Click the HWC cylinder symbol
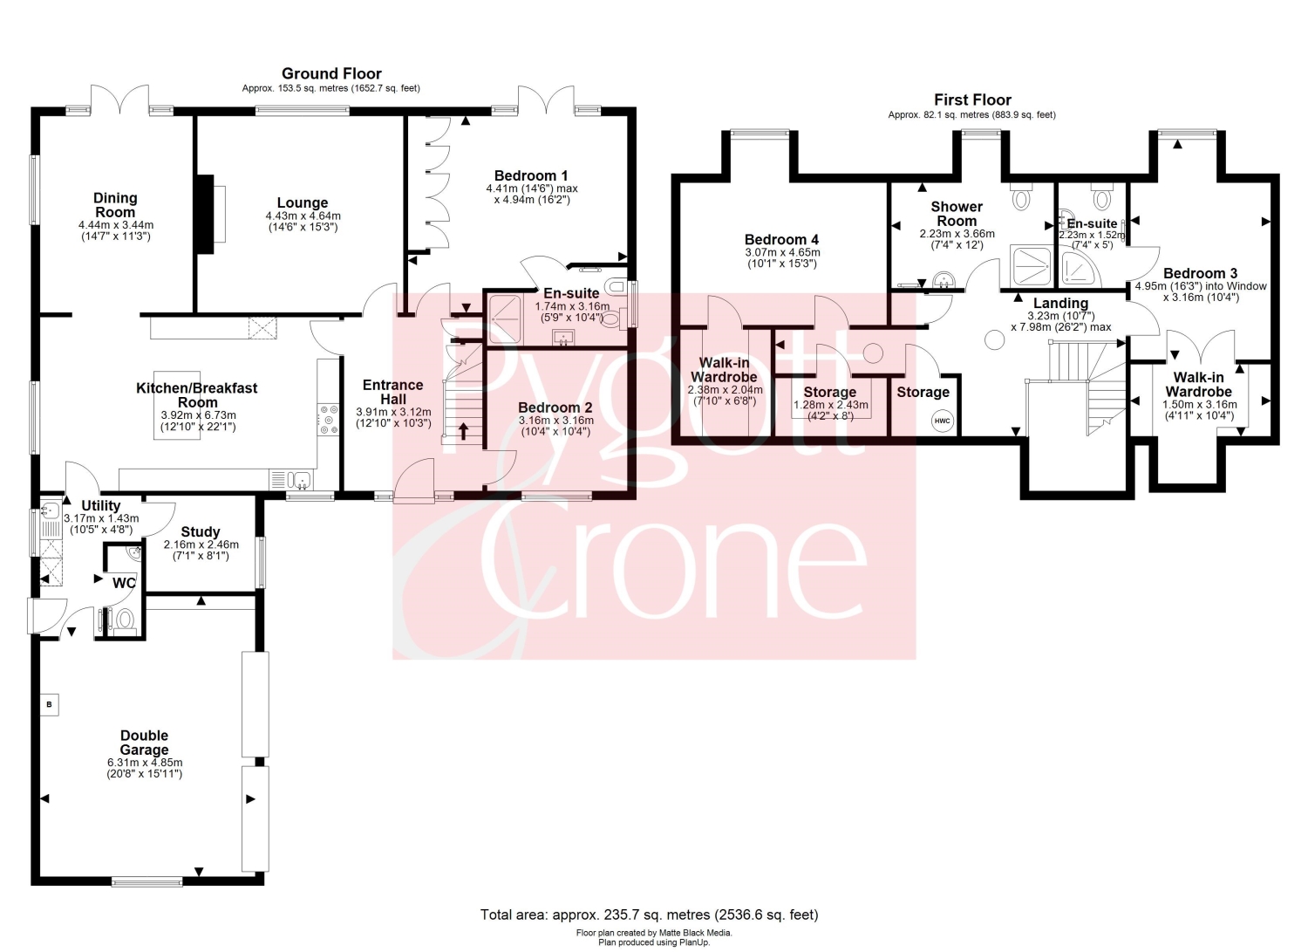942,421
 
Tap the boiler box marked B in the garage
49,704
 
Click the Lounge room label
302,202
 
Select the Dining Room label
116,205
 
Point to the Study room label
201,531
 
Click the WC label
124,583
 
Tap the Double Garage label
144,743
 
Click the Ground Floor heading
331,73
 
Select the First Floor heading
972,100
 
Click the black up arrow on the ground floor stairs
464,431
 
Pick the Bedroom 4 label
781,240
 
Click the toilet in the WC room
124,620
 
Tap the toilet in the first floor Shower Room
1021,196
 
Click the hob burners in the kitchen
329,420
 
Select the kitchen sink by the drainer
303,481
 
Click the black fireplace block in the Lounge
206,214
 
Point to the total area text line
649,914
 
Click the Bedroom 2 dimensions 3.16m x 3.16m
556,421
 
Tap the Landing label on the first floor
1060,304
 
